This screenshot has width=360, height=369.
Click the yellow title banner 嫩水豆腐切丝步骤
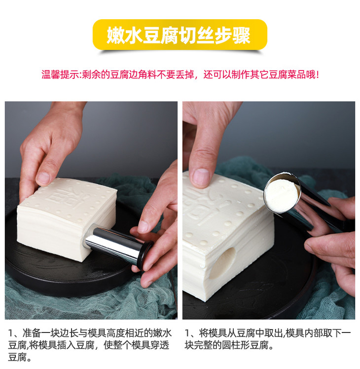point(180,35)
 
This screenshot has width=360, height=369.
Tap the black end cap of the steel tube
point(144,256)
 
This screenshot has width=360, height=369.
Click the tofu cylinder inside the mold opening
point(282,195)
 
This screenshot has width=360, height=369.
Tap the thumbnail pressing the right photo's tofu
point(200,178)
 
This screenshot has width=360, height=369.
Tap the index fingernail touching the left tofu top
point(43,178)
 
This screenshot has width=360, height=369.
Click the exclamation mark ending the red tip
point(318,75)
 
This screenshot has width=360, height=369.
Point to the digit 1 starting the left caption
point(10,333)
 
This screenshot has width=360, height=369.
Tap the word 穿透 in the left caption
point(160,345)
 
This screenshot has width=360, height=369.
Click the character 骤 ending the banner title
point(242,36)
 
